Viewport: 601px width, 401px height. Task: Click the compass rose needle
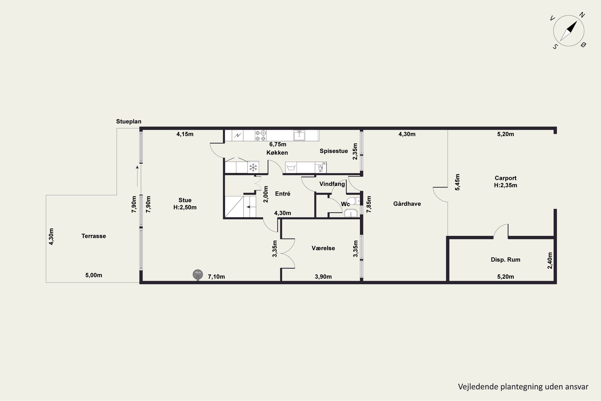pyautogui.click(x=569, y=31)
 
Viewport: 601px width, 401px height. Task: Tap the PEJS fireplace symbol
pyautogui.click(x=198, y=275)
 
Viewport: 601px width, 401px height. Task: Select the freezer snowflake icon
pyautogui.click(x=253, y=167)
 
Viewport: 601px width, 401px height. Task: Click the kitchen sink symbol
pyautogui.click(x=299, y=135)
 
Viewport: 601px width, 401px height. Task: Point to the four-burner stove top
pyautogui.click(x=261, y=136)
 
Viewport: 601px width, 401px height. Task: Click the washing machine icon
pyautogui.click(x=291, y=167)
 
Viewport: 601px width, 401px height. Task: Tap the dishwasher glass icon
pyautogui.click(x=321, y=167)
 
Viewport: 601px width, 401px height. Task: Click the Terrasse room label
pyautogui.click(x=94, y=236)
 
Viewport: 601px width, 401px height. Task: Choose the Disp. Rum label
pyautogui.click(x=505, y=260)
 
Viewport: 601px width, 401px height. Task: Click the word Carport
pyautogui.click(x=505, y=178)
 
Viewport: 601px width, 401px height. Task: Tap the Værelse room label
pyautogui.click(x=323, y=248)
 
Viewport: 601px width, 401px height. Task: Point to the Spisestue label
pyautogui.click(x=334, y=151)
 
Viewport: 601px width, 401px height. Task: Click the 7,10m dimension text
pyautogui.click(x=216, y=277)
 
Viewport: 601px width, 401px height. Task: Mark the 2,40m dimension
pyautogui.click(x=550, y=261)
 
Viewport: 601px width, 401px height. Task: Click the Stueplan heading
pyautogui.click(x=129, y=122)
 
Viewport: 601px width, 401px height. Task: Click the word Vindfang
pyautogui.click(x=332, y=184)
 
